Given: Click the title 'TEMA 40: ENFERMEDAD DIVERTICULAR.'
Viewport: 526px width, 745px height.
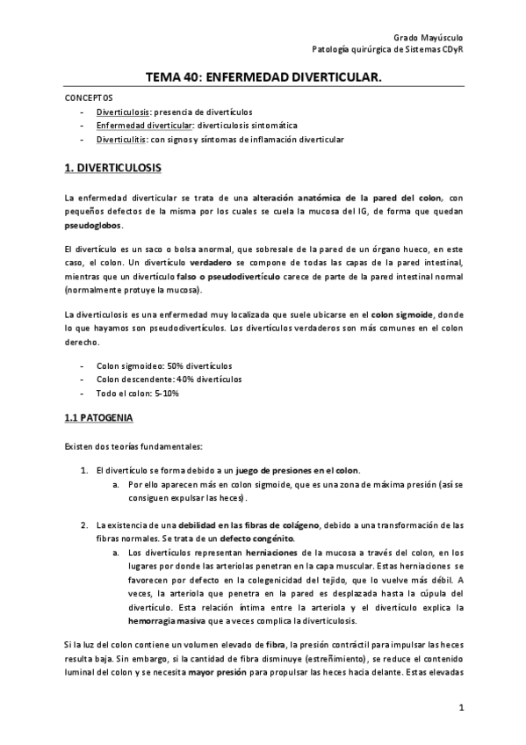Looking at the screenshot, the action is tap(263, 78).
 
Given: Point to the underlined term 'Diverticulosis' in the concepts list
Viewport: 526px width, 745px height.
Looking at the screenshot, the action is tap(124, 112).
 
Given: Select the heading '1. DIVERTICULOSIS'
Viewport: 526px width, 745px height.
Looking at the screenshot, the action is tap(113, 166).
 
